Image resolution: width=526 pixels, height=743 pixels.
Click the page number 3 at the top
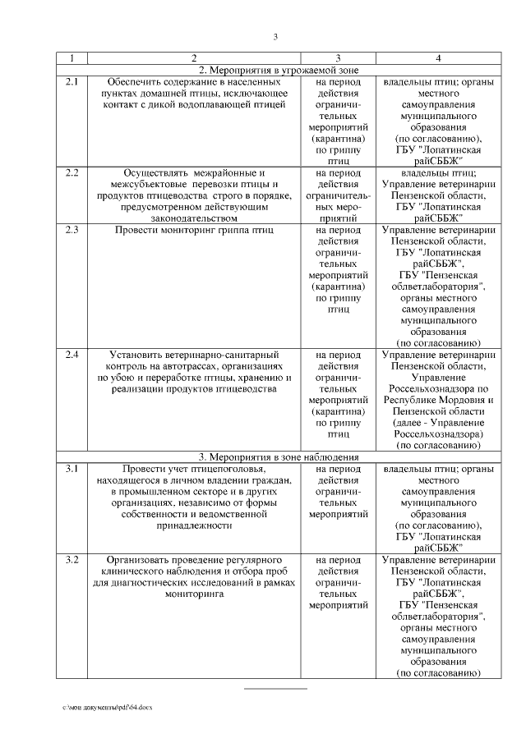(275, 36)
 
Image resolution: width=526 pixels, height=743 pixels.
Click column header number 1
(72, 58)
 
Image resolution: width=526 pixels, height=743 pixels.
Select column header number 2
(193, 58)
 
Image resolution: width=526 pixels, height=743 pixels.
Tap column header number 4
(437, 58)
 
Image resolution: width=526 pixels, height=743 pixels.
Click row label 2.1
(72, 82)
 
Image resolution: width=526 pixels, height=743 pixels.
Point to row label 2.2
(72, 173)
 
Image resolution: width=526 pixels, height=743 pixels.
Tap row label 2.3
(72, 230)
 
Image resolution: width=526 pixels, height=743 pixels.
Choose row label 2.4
(72, 355)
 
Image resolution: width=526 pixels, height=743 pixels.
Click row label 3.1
(72, 469)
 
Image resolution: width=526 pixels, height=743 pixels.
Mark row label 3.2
(72, 560)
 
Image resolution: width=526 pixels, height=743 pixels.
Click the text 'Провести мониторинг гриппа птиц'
(193, 230)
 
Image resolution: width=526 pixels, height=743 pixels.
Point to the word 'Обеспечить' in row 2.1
(137, 82)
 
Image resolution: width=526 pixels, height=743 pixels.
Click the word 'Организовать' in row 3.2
(137, 560)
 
